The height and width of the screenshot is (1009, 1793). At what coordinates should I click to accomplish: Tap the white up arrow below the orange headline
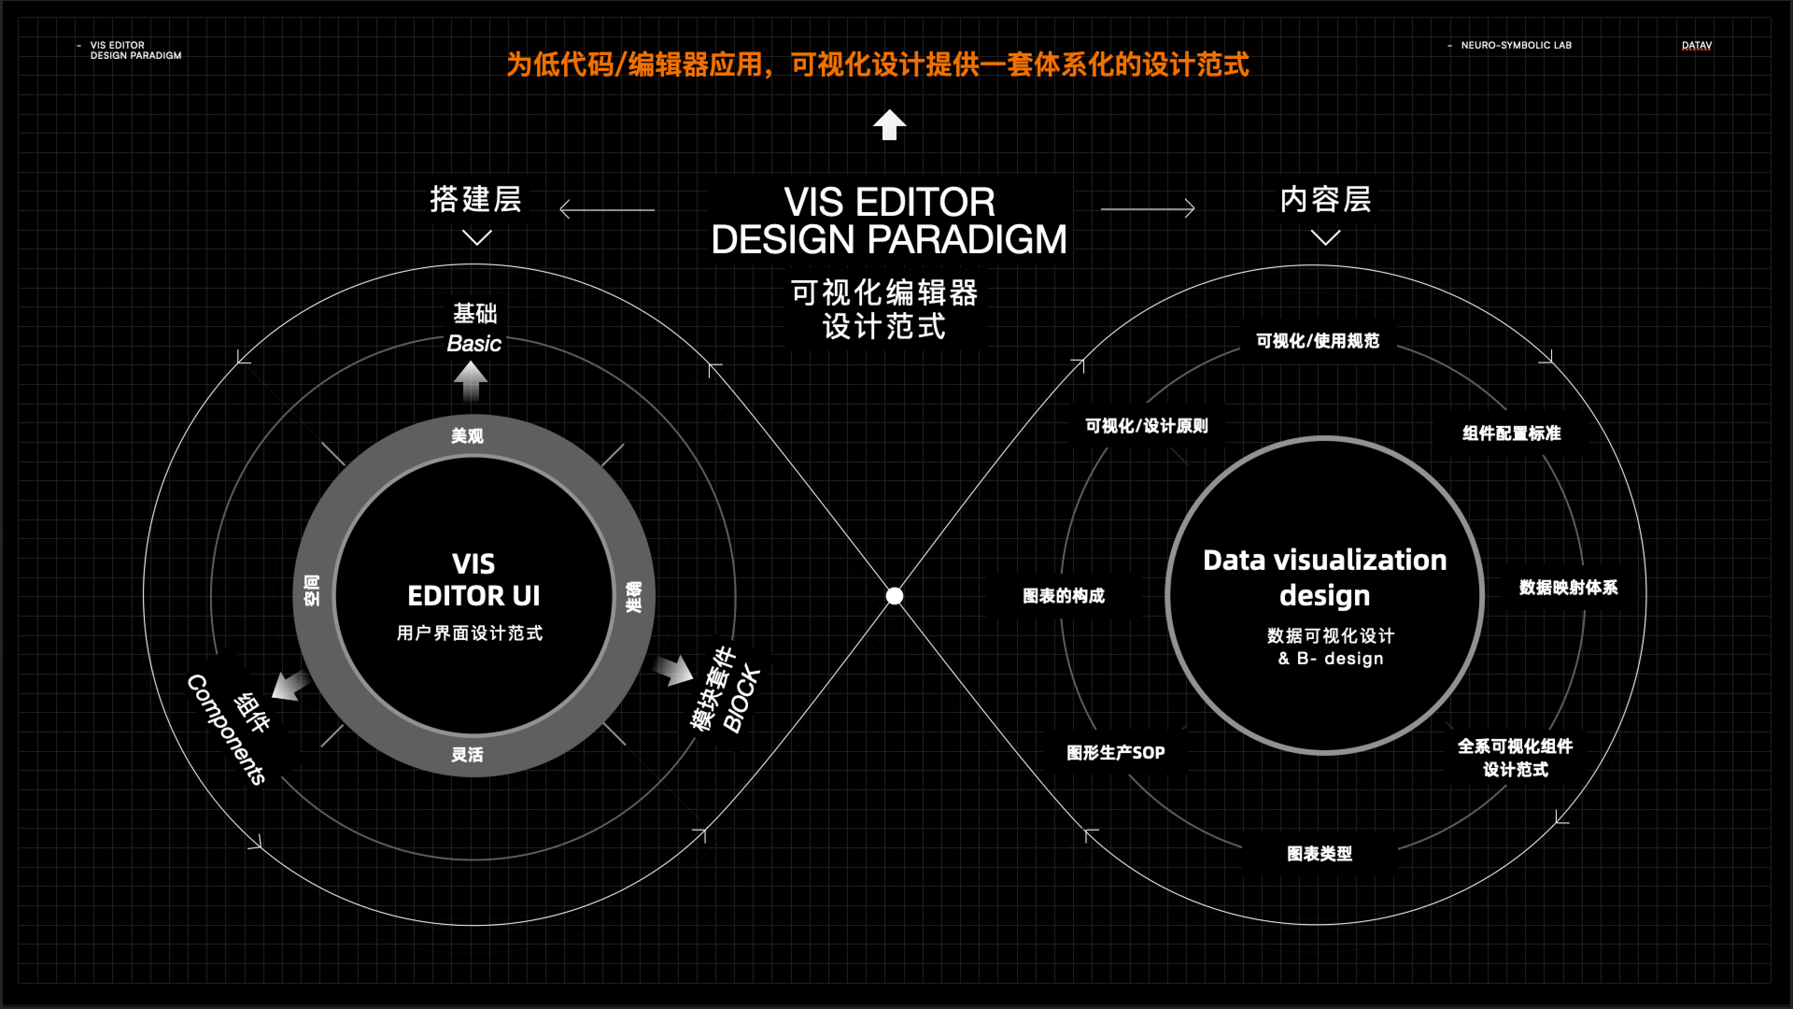[x=889, y=125]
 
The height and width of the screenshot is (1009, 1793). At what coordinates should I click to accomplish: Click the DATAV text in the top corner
[x=1696, y=45]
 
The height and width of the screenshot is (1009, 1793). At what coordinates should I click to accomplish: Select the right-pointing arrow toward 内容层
[x=1148, y=208]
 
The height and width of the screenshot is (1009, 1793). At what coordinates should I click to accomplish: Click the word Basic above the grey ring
[x=473, y=343]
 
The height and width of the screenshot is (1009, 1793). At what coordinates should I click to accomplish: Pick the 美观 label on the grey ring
[x=467, y=436]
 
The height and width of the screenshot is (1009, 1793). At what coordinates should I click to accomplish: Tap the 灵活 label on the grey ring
[x=467, y=754]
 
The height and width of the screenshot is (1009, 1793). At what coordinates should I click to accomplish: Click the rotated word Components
[x=226, y=729]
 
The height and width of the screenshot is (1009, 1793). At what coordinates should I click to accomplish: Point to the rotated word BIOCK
[x=741, y=698]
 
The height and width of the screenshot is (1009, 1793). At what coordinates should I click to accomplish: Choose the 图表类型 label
[x=1319, y=854]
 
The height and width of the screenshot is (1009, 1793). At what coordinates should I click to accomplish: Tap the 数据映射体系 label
[x=1568, y=587]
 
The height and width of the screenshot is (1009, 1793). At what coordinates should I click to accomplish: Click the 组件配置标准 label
[x=1511, y=433]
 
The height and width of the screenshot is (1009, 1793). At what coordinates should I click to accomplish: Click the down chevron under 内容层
[x=1325, y=238]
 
